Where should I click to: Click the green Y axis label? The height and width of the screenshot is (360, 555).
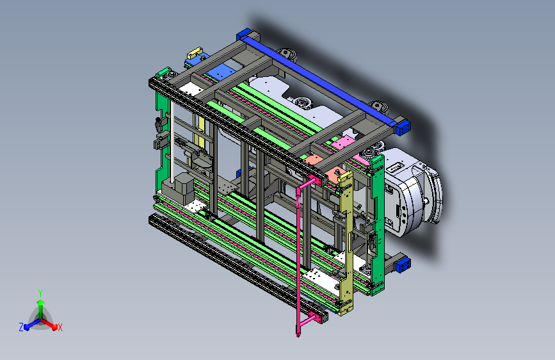click(x=40, y=293)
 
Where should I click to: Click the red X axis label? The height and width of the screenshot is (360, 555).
click(x=60, y=328)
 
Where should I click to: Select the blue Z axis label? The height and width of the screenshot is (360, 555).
click(x=21, y=327)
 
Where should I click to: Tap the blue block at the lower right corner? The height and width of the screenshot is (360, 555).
click(x=403, y=265)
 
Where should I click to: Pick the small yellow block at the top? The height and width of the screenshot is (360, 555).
click(x=195, y=53)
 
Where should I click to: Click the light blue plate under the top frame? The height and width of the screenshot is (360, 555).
click(x=220, y=72)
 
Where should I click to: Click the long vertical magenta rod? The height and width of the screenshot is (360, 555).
click(x=298, y=259)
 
